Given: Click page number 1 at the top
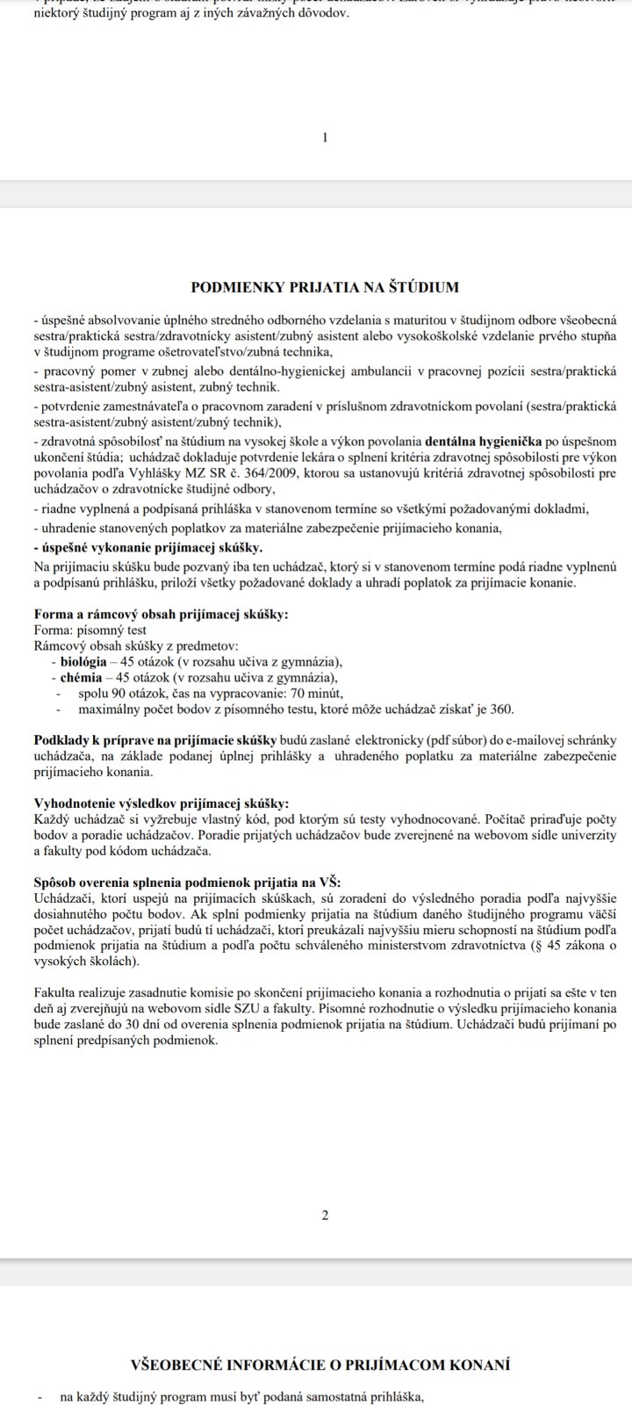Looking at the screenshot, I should [325, 137].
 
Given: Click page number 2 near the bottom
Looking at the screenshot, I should [325, 1215].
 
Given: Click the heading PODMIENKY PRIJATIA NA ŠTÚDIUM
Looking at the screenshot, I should [325, 286].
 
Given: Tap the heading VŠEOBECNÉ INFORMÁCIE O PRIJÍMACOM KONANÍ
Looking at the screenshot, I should [320, 1365].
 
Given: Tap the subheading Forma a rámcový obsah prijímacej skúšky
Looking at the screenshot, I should [161, 614].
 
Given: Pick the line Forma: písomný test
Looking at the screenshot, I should [90, 630].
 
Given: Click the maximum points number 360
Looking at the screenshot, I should [502, 710].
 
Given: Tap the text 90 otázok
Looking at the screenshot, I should [132, 693].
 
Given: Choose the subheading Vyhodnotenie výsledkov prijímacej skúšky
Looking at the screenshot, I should [160, 803].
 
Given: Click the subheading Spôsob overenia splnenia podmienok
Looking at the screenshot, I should [187, 882].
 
